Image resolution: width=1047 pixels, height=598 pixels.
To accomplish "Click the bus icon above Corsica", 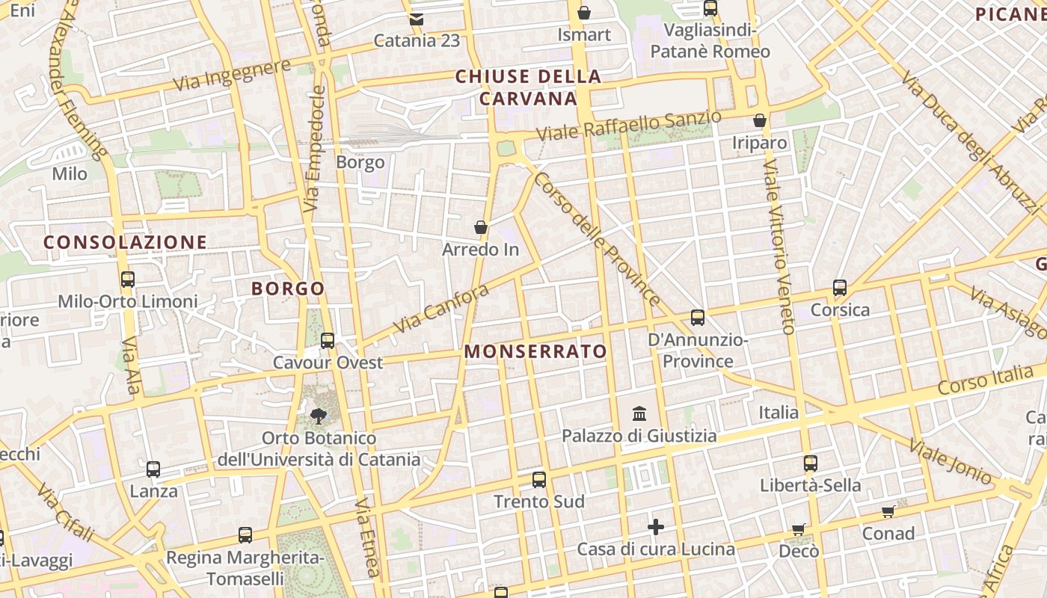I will pyautogui.click(x=840, y=288).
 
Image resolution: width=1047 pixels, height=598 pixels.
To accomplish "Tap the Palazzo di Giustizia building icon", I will pyautogui.click(x=639, y=413).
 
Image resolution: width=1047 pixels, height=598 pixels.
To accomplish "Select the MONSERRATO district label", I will pyautogui.click(x=535, y=351).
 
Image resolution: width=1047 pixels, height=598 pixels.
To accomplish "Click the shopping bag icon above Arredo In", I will pyautogui.click(x=481, y=227).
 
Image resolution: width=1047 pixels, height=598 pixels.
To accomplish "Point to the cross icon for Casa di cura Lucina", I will pyautogui.click(x=656, y=527).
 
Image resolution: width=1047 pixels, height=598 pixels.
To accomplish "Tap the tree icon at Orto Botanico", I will pyautogui.click(x=319, y=416).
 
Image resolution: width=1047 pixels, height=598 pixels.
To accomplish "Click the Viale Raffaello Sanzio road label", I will pyautogui.click(x=629, y=126).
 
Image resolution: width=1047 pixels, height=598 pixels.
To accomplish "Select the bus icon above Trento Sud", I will pyautogui.click(x=539, y=480).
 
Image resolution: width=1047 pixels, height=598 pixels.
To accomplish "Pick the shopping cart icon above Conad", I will pyautogui.click(x=888, y=512).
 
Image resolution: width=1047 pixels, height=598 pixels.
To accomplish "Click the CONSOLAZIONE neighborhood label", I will pyautogui.click(x=125, y=242).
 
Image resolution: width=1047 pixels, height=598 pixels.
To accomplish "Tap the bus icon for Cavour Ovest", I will pyautogui.click(x=328, y=341).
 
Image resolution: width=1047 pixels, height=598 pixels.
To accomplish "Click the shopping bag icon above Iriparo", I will pyautogui.click(x=760, y=120).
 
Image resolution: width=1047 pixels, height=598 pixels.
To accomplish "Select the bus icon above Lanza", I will pyautogui.click(x=153, y=469).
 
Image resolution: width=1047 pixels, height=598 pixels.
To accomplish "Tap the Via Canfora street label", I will pyautogui.click(x=440, y=309).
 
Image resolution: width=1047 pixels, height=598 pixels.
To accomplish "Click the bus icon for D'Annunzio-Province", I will pyautogui.click(x=698, y=318).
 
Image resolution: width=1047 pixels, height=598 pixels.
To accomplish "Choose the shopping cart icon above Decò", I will pyautogui.click(x=799, y=529).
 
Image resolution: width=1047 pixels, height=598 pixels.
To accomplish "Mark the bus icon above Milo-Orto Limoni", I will pyautogui.click(x=128, y=280).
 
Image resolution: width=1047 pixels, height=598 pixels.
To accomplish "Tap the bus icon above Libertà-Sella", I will pyautogui.click(x=811, y=463).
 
